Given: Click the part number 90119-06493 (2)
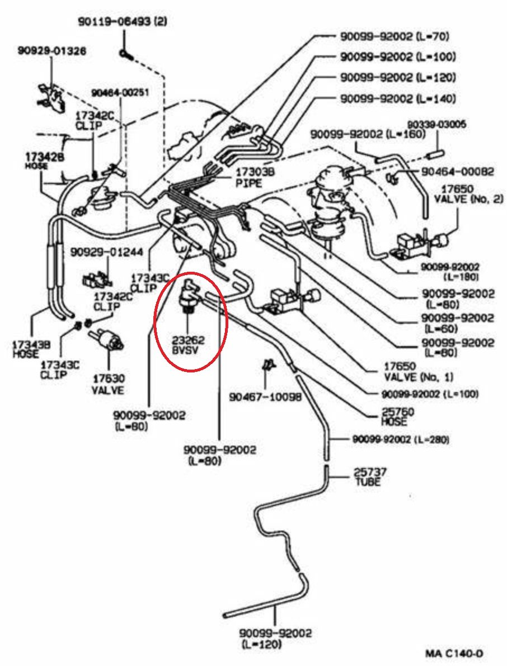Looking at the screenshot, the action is pyautogui.click(x=122, y=21).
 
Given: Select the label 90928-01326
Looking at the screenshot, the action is pyautogui.click(x=52, y=51).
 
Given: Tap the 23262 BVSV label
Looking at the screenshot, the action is pyautogui.click(x=188, y=346).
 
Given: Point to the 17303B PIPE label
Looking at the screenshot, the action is pyautogui.click(x=255, y=177).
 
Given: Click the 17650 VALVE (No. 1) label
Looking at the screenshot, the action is pyautogui.click(x=419, y=371).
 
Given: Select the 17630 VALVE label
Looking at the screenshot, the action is pyautogui.click(x=109, y=384).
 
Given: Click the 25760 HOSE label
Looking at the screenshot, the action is pyautogui.click(x=397, y=417).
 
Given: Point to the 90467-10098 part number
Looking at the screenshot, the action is pyautogui.click(x=265, y=396).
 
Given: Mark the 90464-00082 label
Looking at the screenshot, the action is pyautogui.click(x=458, y=172).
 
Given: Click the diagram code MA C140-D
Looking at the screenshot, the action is pyautogui.click(x=454, y=653).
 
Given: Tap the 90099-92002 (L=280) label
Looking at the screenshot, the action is pyautogui.click(x=401, y=439).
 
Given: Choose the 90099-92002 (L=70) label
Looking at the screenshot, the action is pyautogui.click(x=395, y=36).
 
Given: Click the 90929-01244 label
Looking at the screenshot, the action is pyautogui.click(x=107, y=252).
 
